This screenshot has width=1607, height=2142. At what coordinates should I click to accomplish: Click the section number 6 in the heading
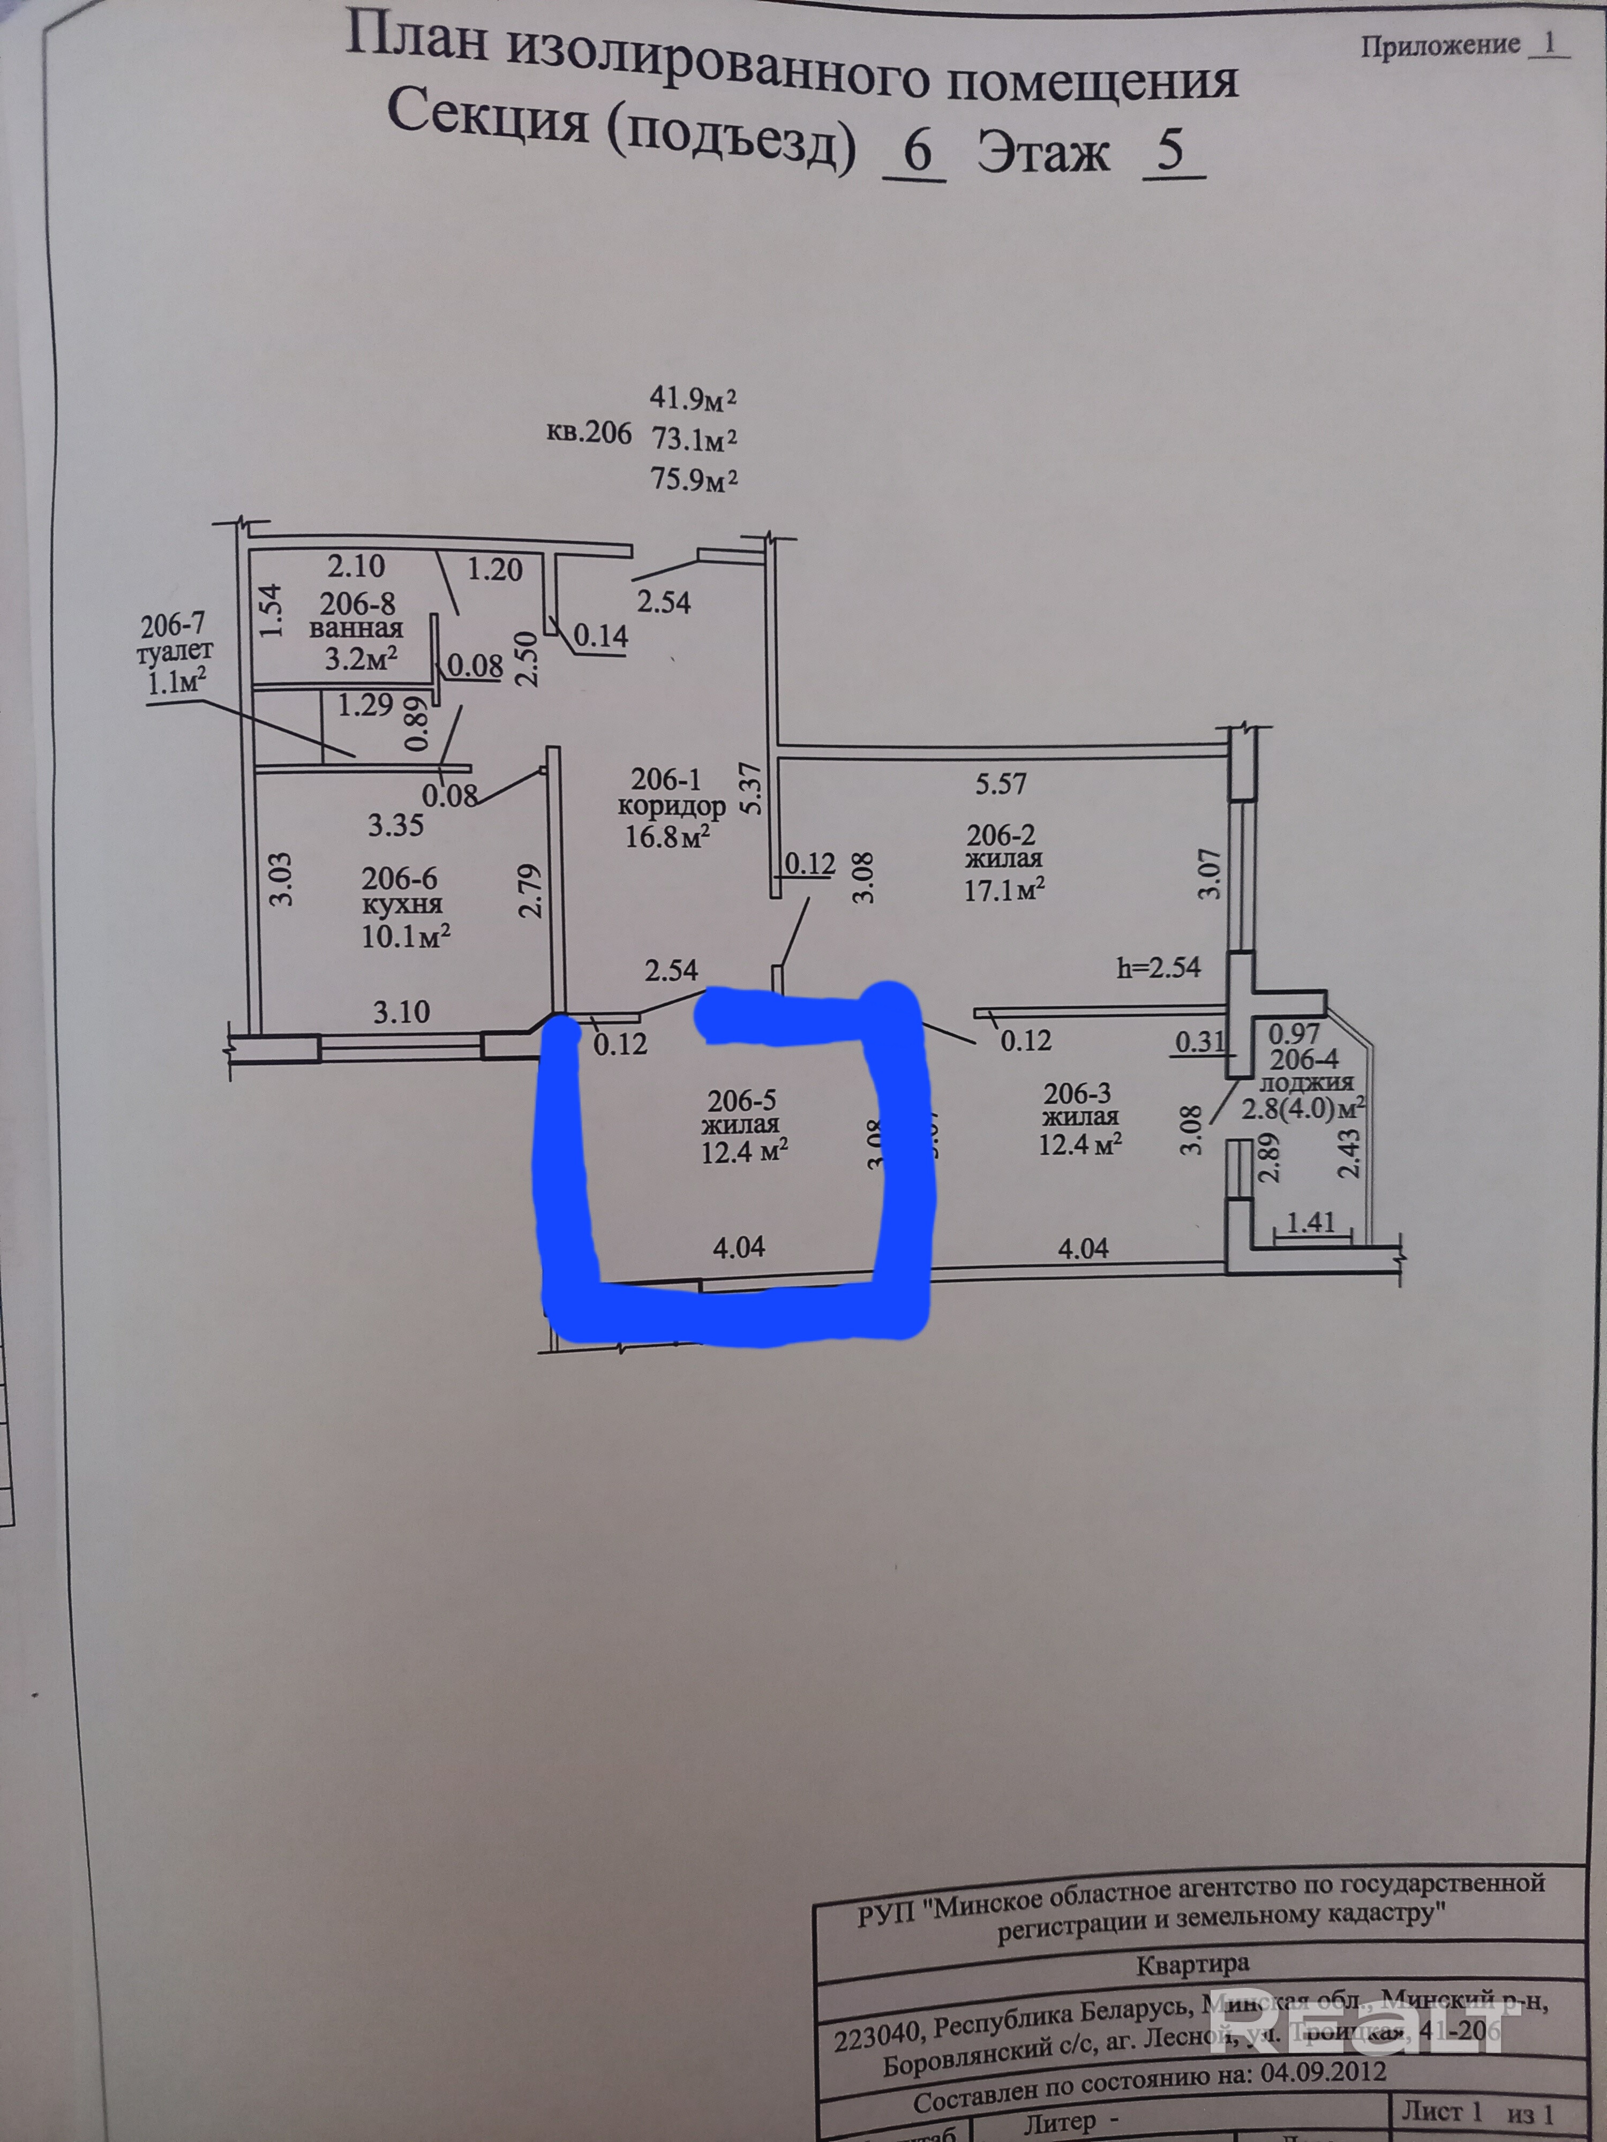click(x=915, y=153)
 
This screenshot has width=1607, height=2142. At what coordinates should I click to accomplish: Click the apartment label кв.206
click(x=588, y=433)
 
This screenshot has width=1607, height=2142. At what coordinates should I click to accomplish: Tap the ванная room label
click(x=356, y=629)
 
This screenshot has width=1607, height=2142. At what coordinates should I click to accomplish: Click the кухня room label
click(x=402, y=906)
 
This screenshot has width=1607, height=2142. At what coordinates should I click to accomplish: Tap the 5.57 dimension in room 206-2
click(x=1001, y=783)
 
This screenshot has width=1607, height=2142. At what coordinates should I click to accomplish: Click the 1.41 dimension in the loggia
click(x=1311, y=1222)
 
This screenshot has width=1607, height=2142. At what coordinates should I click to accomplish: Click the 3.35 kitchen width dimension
click(x=395, y=825)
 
